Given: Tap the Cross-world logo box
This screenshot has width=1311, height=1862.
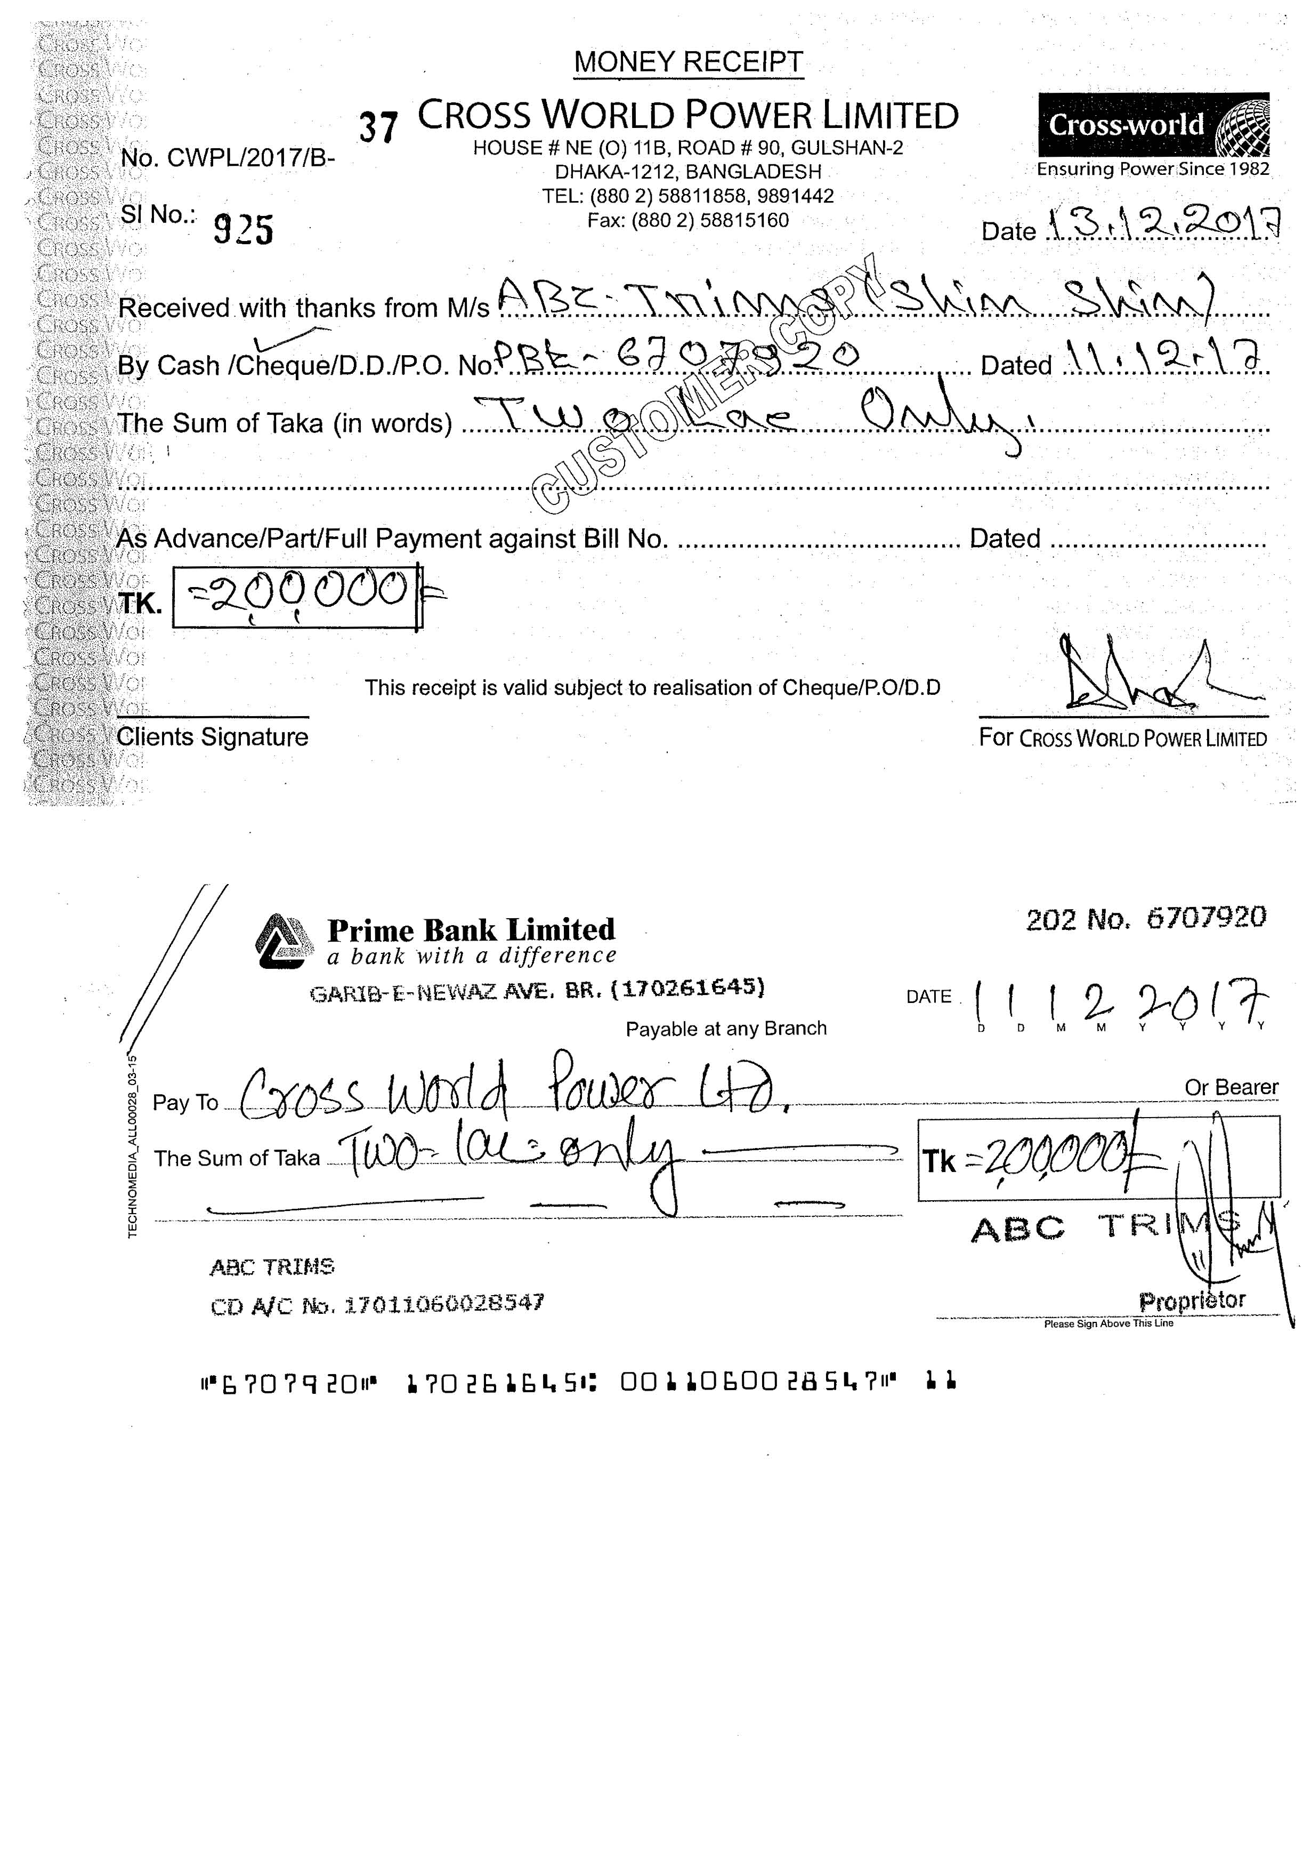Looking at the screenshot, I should tap(1153, 125).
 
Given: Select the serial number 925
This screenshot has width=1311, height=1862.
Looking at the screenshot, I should tap(243, 229).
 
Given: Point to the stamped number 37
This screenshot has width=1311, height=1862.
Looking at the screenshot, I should tap(378, 127).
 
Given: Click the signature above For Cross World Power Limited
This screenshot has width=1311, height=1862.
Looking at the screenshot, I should tap(1151, 677).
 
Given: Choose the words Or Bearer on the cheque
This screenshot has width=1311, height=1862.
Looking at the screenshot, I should tap(1231, 1088).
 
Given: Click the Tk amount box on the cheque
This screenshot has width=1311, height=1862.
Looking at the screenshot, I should tap(1098, 1158).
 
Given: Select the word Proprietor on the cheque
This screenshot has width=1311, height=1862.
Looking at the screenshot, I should tap(1192, 1301).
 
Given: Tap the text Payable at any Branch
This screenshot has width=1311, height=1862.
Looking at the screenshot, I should tap(726, 1029).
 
